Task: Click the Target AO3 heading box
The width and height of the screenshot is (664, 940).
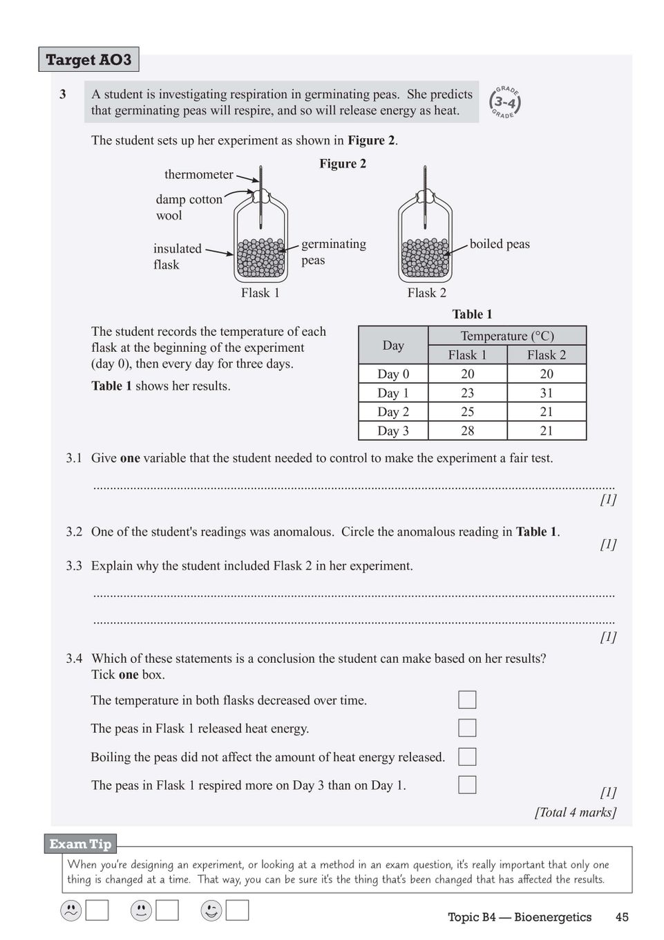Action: [88, 59]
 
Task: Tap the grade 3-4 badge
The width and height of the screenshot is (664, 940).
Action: [505, 102]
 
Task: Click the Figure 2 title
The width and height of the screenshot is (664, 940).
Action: [343, 164]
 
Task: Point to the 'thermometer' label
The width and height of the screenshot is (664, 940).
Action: [199, 174]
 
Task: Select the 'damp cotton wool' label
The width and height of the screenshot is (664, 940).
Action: [189, 207]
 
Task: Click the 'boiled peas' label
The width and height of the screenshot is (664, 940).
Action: [500, 244]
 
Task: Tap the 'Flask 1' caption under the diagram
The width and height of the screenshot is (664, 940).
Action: [260, 293]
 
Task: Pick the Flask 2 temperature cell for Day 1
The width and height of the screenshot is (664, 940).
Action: [547, 393]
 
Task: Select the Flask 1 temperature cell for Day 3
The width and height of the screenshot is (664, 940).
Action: [468, 431]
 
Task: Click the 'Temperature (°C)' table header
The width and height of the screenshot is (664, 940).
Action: [507, 336]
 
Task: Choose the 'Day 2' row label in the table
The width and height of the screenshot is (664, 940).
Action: [393, 412]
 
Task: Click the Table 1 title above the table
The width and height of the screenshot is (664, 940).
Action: [472, 314]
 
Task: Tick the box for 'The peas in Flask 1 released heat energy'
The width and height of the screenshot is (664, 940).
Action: [467, 728]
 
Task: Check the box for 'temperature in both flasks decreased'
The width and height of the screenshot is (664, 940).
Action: [467, 699]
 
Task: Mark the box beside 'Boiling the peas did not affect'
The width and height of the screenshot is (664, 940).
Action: [467, 757]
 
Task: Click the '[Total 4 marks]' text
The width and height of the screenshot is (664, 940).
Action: [575, 812]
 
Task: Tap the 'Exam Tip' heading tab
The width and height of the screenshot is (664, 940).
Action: [80, 844]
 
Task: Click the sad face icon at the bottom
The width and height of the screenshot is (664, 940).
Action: [71, 910]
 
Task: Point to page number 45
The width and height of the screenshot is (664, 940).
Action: [622, 917]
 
